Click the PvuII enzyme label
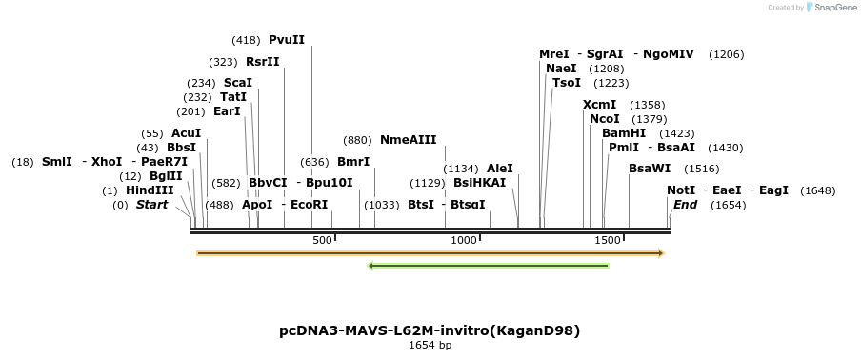pos(287,40)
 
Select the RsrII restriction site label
pos(263,62)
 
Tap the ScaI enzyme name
pos(238,83)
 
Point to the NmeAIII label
pos(408,140)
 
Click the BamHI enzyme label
pos(624,133)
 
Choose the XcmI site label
pos(600,105)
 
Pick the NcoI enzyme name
pos(605,119)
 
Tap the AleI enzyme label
pos(500,169)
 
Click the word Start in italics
pos(151,205)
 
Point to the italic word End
pos(686,205)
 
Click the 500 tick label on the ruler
pos(321,240)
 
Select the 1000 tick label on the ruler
pos(464,240)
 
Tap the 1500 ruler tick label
pos(607,240)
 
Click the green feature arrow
pos(488,266)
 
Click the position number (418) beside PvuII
pos(246,40)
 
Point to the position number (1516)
pos(702,169)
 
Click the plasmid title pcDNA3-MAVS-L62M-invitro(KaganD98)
pos(430,330)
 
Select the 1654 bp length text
pos(430,345)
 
